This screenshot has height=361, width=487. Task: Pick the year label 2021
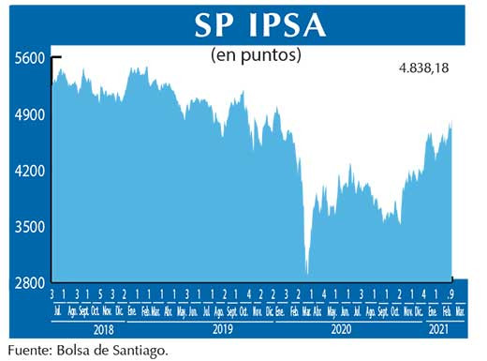click(x=440, y=330)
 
